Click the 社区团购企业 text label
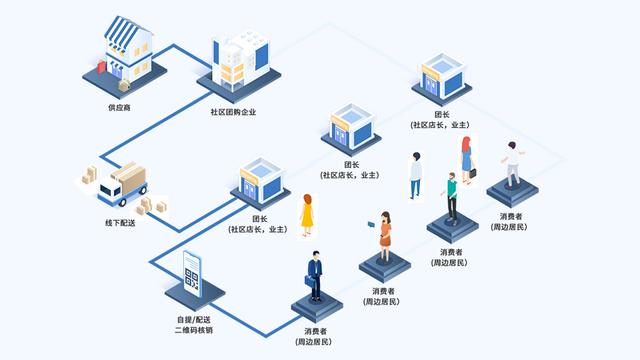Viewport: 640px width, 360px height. pyautogui.click(x=233, y=112)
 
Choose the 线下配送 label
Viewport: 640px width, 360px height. pyautogui.click(x=119, y=222)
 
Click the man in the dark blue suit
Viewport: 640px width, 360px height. pyautogui.click(x=315, y=275)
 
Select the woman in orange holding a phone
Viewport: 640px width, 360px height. pyautogui.click(x=384, y=235)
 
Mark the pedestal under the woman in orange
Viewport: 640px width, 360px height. pyautogui.click(x=385, y=265)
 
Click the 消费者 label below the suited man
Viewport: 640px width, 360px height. pyautogui.click(x=315, y=330)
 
